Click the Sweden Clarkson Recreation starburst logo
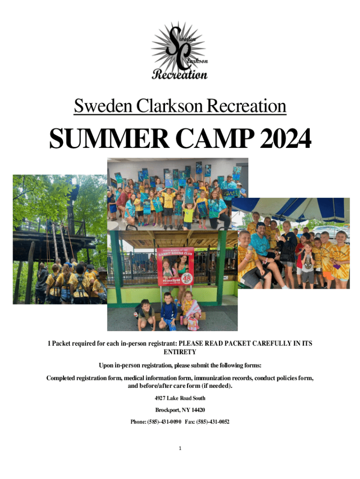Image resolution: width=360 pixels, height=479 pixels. pyautogui.click(x=180, y=51)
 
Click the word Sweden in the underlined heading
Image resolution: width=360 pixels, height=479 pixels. pyautogui.click(x=103, y=106)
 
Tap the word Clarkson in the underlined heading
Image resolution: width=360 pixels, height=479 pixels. pyautogui.click(x=169, y=106)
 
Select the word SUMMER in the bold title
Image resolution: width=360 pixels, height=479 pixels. pyautogui.click(x=109, y=138)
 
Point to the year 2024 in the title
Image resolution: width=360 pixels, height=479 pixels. pyautogui.click(x=285, y=138)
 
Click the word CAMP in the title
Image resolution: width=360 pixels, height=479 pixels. pyautogui.click(x=215, y=138)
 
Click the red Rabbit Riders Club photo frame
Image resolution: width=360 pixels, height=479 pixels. pyautogui.click(x=175, y=266)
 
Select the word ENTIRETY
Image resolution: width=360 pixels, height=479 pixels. pyautogui.click(x=180, y=352)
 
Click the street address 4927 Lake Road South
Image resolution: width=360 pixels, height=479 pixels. pyautogui.click(x=180, y=398)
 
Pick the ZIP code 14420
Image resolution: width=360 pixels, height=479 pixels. pyautogui.click(x=198, y=410)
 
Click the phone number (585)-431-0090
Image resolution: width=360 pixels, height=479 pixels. pyautogui.click(x=164, y=421)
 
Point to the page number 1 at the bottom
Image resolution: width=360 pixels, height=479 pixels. pyautogui.click(x=180, y=448)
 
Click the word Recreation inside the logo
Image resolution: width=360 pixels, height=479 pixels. pyautogui.click(x=180, y=74)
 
